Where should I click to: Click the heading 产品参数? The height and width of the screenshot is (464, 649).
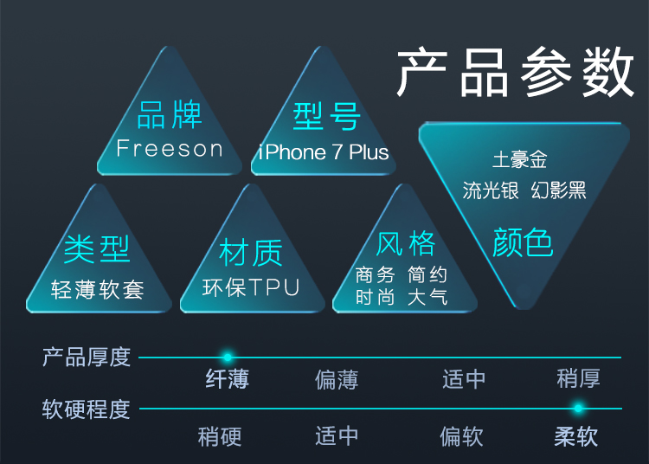516,73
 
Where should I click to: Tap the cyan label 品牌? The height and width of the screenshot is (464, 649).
170,115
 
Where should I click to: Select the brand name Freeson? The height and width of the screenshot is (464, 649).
170,149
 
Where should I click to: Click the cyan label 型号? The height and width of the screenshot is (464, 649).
325,115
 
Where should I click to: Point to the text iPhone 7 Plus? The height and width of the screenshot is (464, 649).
324,153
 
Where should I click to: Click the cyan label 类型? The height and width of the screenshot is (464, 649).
97,249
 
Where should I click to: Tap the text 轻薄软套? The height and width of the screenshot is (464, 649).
97,289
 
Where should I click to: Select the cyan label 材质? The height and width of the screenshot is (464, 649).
251,253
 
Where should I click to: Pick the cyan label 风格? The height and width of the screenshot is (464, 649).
406,243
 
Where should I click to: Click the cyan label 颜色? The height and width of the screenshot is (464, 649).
523,242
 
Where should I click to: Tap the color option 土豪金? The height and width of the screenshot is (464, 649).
520,160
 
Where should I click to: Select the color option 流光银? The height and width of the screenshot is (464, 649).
491,190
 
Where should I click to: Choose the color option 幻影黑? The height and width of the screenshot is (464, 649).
559,190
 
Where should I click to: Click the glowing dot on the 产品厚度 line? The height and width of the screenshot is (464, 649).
228,357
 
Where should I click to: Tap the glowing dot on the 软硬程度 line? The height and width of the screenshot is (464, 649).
578,408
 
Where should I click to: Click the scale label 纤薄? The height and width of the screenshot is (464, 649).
228,379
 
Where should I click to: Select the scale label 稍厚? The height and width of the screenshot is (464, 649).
578,378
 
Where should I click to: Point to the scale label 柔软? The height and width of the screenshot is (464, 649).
576,435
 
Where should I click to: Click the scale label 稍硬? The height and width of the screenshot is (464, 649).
220,435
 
